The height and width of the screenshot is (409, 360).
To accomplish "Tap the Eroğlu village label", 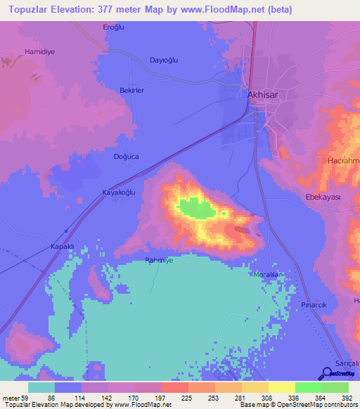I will pos(113,27).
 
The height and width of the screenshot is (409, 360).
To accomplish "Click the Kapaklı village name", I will pos(62,247).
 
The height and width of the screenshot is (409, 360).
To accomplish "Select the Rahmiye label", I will pos(159,260).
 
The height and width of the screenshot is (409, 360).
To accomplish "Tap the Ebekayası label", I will pos(322,197).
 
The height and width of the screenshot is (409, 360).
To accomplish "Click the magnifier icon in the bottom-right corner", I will pos(327,373).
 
